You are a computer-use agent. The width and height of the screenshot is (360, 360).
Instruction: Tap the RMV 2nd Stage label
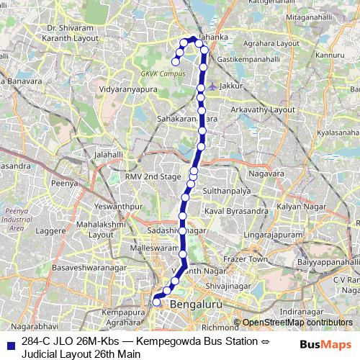tap(153, 176)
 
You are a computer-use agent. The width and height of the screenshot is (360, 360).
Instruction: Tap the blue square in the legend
tap(9, 343)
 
